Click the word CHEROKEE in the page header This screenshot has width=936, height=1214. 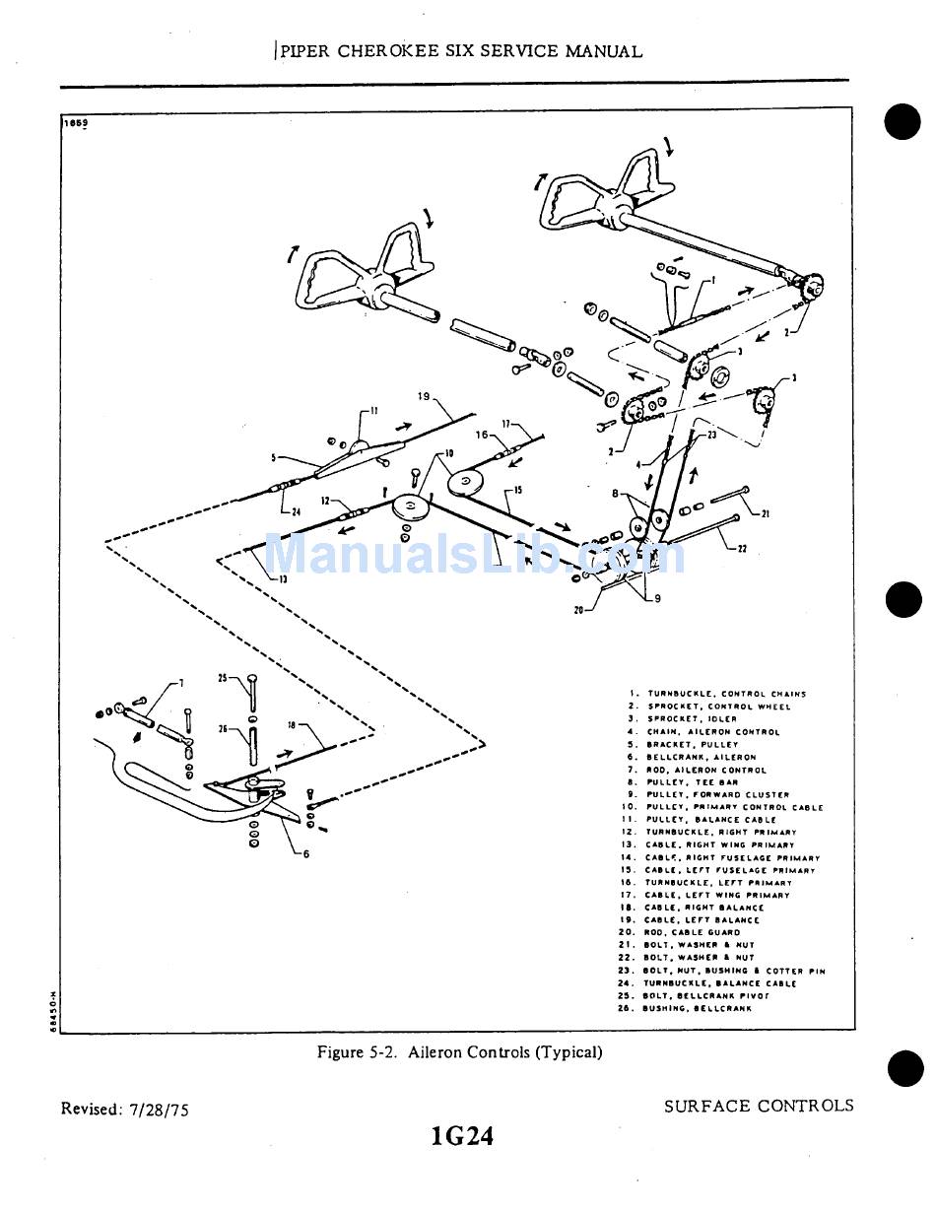point(402,51)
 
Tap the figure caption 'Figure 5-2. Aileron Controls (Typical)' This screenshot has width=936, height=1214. point(459,1052)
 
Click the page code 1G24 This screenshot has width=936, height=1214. point(462,1136)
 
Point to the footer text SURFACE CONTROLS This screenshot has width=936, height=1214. point(759,1106)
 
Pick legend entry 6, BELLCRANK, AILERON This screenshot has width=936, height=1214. point(701,758)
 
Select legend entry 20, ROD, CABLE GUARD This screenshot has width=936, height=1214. point(692,932)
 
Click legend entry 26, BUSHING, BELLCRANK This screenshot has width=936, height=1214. point(697,1008)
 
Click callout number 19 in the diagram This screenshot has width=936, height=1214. point(424,397)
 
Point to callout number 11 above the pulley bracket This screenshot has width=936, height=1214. point(372,411)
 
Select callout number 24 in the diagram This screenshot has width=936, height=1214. point(295,510)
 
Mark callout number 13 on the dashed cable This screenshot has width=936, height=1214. point(282,579)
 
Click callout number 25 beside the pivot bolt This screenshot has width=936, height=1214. point(223,678)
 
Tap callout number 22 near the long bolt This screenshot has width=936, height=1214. point(741,549)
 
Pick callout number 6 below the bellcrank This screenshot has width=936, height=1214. point(305,854)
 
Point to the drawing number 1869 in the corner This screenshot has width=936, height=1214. point(76,123)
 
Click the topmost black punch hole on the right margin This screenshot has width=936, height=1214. point(902,122)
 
